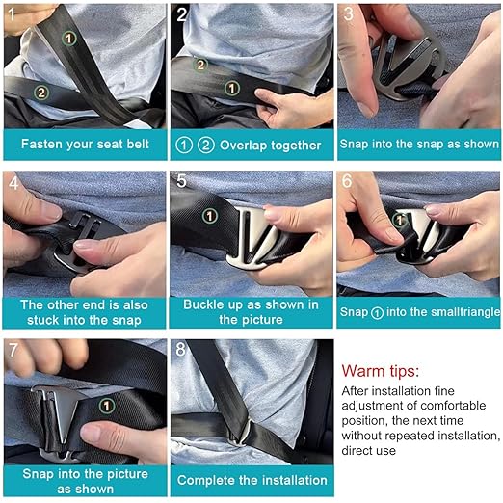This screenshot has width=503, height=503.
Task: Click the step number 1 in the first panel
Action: [x=12, y=13]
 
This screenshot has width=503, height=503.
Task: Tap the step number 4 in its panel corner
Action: [x=13, y=180]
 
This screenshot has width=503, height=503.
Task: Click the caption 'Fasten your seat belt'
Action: [x=83, y=145]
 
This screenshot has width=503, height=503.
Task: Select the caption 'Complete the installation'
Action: [x=251, y=479]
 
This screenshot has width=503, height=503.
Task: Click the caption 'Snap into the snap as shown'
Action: [x=419, y=145]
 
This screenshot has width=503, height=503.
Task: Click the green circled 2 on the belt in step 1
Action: [x=40, y=93]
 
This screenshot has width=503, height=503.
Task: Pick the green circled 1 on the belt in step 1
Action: [x=68, y=38]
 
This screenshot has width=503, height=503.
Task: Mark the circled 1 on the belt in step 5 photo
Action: [x=208, y=217]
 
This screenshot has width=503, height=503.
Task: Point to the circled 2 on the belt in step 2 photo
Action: [x=201, y=65]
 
